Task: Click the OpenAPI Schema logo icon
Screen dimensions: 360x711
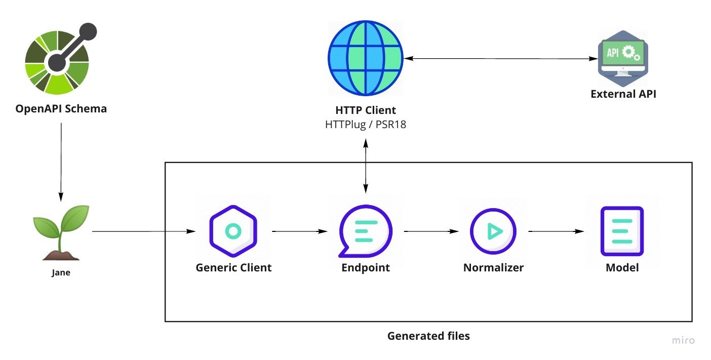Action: [x=58, y=60]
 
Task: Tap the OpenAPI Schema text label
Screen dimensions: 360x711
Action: [x=61, y=108]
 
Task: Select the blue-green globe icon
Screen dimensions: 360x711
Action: [x=365, y=58]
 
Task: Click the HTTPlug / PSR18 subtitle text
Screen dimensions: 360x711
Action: [x=366, y=124]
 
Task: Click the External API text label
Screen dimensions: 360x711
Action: [x=623, y=94]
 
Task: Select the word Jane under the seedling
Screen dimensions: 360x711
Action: [x=61, y=273]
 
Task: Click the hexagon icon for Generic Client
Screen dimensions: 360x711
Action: [x=233, y=231]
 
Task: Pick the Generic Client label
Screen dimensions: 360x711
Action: [x=233, y=267]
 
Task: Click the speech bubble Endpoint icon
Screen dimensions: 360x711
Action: [x=365, y=232]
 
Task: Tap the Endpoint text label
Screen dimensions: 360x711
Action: [x=366, y=267]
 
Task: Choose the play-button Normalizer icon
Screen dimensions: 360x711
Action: [x=493, y=231]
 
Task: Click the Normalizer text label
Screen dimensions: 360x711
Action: [x=493, y=267]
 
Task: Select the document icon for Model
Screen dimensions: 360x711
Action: [x=622, y=231]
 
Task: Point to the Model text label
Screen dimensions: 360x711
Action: [x=622, y=267]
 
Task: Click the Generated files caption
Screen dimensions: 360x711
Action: [x=428, y=336]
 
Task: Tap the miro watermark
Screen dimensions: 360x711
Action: [x=683, y=340]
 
